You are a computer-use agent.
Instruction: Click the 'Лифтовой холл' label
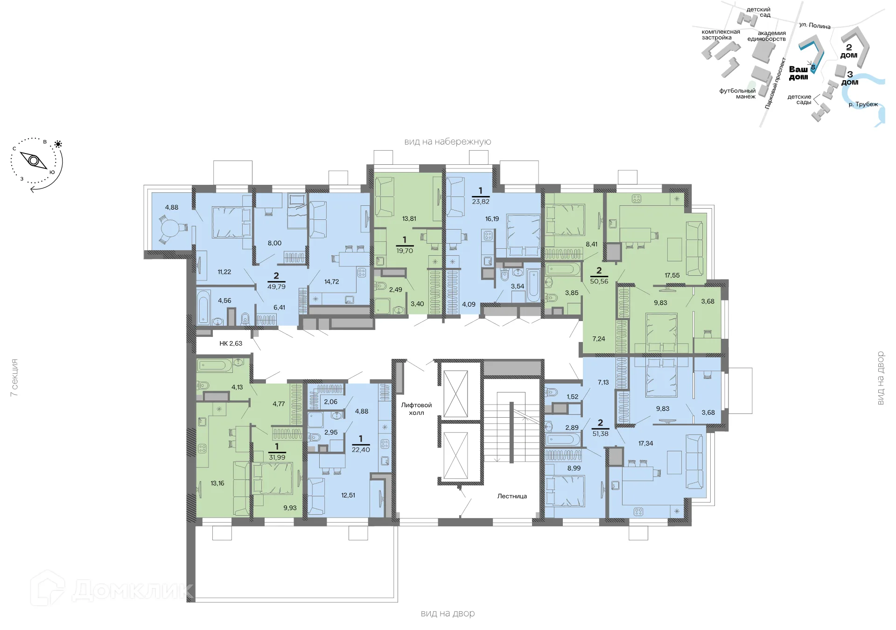[x=416, y=409]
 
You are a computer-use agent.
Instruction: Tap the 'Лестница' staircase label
[x=512, y=496]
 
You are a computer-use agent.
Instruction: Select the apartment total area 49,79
[x=276, y=287]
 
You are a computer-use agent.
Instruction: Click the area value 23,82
[x=481, y=202]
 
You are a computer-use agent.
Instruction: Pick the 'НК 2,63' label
[x=231, y=343]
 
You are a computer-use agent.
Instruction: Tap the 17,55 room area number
[x=672, y=275]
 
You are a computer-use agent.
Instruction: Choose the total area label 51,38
[x=600, y=434]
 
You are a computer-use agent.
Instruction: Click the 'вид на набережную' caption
[x=448, y=141]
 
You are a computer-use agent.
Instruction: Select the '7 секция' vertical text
[x=14, y=378]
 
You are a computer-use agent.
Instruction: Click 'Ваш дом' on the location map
[x=798, y=73]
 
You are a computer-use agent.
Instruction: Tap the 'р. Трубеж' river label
[x=863, y=104]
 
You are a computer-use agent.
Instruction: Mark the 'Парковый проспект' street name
[x=775, y=83]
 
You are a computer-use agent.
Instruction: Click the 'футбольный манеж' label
[x=737, y=93]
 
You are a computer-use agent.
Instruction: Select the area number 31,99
[x=277, y=457]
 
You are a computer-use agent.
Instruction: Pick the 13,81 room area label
[x=409, y=218]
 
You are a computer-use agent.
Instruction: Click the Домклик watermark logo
[x=112, y=588]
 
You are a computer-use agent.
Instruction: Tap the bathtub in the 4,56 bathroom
[x=203, y=308]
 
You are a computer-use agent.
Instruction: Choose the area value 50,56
[x=599, y=281]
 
